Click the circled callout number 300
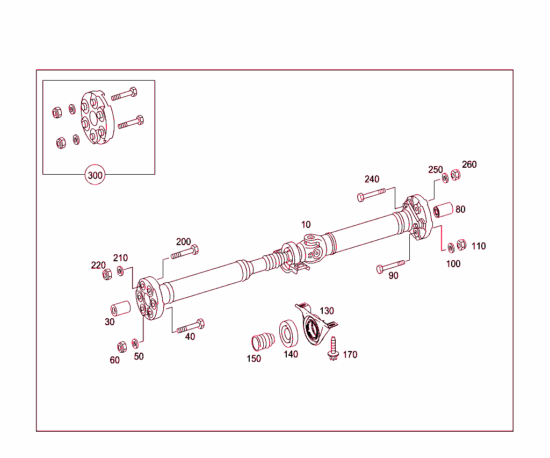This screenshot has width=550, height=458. (95, 175)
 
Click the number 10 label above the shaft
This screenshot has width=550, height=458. (305, 224)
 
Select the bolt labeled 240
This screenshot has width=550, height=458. (371, 194)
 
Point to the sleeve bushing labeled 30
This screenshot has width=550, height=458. (121, 309)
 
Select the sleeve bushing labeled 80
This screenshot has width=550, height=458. (444, 210)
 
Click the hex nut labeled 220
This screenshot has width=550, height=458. (107, 274)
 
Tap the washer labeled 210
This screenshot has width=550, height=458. (120, 270)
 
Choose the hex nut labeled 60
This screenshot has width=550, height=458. (121, 346)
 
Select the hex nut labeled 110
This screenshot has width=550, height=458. (461, 245)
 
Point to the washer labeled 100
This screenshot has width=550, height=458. (451, 247)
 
